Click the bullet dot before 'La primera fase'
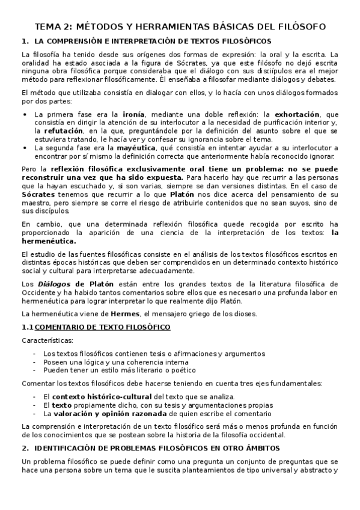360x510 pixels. click(x=24, y=114)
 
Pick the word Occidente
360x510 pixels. click(x=38, y=293)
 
